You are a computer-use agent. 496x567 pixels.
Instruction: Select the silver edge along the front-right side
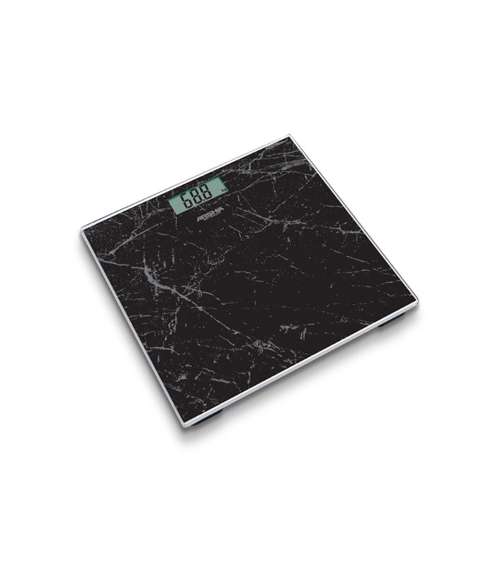301,363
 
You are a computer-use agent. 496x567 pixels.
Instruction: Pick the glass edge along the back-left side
184,181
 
